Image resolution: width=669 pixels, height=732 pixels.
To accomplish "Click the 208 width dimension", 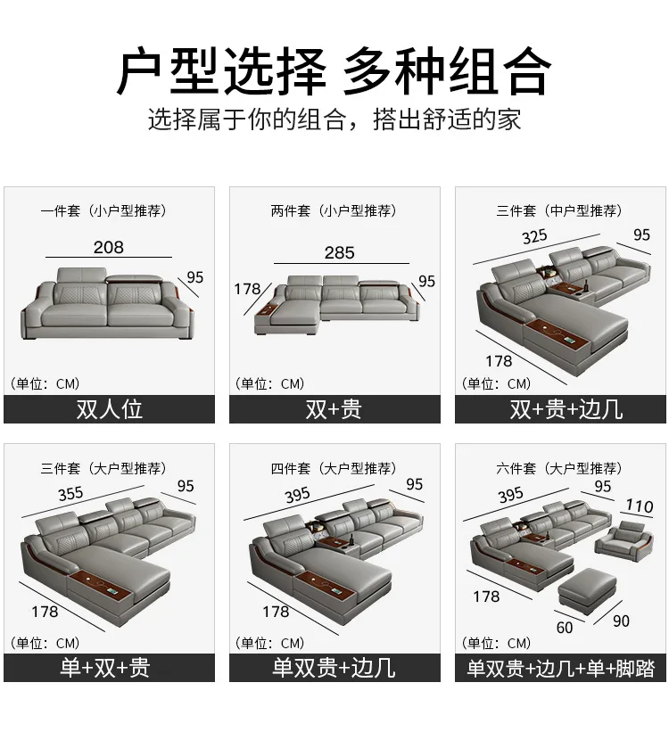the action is click(108, 247).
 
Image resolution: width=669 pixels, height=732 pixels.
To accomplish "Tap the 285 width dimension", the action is click(339, 252).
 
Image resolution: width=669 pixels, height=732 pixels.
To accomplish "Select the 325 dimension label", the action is click(534, 236).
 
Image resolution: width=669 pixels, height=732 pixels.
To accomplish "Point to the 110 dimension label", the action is click(639, 506).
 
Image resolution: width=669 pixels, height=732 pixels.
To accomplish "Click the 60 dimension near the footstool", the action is click(565, 628).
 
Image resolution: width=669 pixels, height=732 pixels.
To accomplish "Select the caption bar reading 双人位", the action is click(109, 409).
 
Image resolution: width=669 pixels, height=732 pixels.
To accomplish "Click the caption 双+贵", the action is click(334, 409).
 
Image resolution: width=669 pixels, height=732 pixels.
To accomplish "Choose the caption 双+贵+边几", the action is click(560, 409).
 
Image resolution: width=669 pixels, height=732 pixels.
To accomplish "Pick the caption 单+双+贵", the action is click(109, 667).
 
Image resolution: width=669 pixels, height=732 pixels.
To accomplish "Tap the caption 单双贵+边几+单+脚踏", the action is click(560, 668).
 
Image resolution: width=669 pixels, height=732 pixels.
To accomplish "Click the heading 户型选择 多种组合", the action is click(334, 70).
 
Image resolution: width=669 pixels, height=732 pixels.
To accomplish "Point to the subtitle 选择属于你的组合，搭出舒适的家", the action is click(334, 119).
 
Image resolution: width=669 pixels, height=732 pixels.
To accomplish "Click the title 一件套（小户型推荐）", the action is click(104, 211).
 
